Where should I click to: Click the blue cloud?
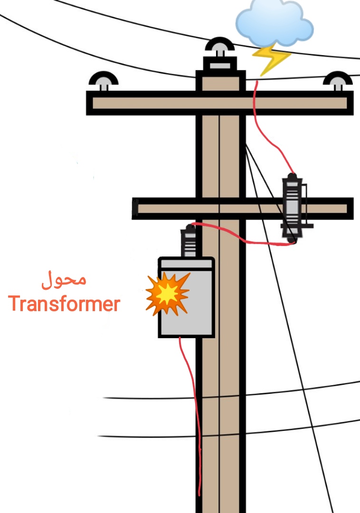click(x=274, y=22)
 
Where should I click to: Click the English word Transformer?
click(x=64, y=304)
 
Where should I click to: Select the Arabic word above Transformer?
click(x=64, y=280)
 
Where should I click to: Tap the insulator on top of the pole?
click(x=219, y=48)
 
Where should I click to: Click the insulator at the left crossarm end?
click(x=104, y=81)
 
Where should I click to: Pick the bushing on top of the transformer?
click(x=189, y=242)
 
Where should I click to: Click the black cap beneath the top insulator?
click(x=219, y=64)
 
